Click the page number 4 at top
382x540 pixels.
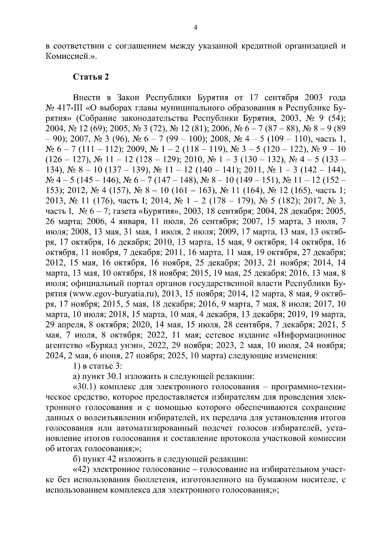tap(195, 28)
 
